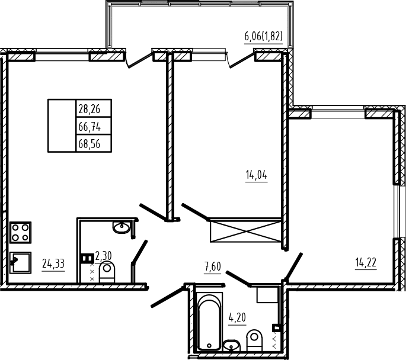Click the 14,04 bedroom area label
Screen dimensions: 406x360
(x=256, y=175)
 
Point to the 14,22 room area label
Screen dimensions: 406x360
(x=366, y=263)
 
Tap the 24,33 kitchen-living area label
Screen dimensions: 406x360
(x=53, y=264)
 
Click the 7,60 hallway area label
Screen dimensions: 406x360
(x=213, y=267)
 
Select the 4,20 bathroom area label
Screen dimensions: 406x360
(x=237, y=317)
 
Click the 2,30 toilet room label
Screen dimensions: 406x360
(x=103, y=256)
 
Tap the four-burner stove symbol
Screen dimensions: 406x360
(x=21, y=233)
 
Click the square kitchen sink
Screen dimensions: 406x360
(x=21, y=263)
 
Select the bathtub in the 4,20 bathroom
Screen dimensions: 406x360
(x=209, y=322)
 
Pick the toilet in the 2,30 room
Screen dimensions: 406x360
(x=107, y=272)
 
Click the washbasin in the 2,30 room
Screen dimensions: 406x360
(x=122, y=227)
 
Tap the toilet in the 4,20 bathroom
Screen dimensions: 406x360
(x=254, y=340)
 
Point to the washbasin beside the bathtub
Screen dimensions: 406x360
(x=232, y=346)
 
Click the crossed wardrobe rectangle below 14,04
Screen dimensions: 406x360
(x=245, y=230)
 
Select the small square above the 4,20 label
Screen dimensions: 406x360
(x=267, y=294)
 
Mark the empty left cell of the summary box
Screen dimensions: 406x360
(x=62, y=126)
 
